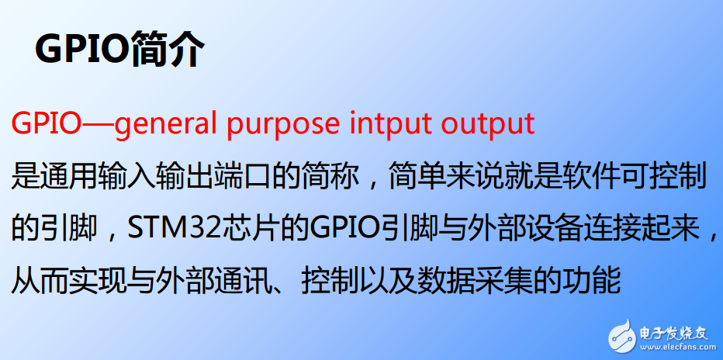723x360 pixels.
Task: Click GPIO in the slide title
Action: coord(81,50)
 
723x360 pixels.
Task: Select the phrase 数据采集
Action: coord(479,279)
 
